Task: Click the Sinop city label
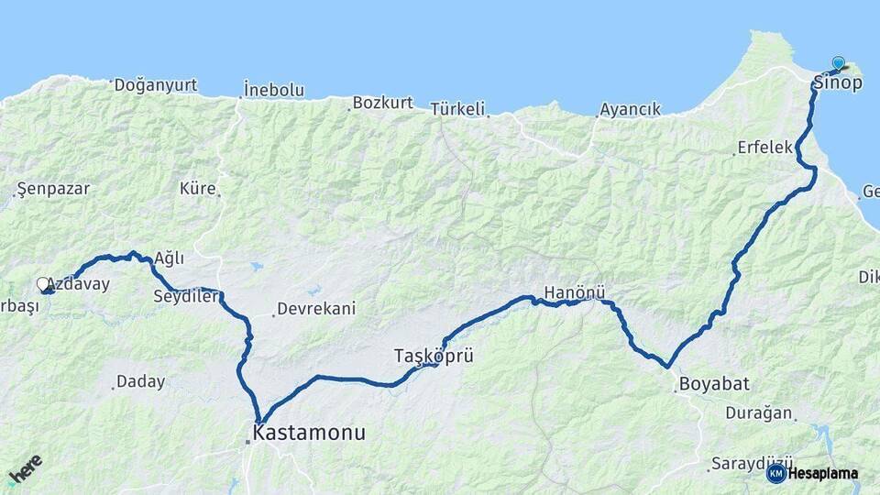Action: point(837,83)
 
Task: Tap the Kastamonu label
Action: point(309,433)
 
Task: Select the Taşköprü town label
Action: point(434,356)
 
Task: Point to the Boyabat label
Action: point(709,384)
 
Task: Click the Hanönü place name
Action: point(575,293)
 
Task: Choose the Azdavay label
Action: point(77,284)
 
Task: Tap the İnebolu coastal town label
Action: point(273,90)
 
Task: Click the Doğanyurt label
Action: point(155,85)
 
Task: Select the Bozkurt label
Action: point(383,103)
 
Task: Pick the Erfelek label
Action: point(764,148)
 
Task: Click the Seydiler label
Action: point(186,296)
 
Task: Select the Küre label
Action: point(198,189)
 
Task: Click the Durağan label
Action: point(758,412)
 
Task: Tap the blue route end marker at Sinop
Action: point(838,63)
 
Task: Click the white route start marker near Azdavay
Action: point(42,284)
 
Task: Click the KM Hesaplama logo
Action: point(812,473)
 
